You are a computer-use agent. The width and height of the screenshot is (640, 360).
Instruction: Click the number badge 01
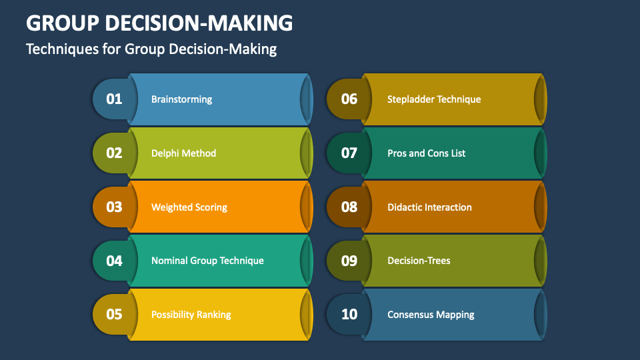[114, 99]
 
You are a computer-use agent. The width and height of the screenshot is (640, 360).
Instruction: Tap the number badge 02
[114, 153]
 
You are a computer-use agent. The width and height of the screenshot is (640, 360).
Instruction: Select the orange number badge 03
[114, 207]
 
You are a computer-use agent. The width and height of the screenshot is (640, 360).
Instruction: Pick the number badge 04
[114, 261]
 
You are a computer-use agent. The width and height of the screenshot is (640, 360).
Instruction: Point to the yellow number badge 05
[114, 314]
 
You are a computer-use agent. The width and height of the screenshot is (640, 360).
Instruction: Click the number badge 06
[349, 99]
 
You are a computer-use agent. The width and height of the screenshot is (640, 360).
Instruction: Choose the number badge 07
[349, 153]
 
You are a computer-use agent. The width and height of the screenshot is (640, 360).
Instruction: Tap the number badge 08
[349, 207]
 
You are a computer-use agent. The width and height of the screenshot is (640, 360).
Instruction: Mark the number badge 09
[349, 261]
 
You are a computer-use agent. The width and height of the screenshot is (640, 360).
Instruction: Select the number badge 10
[349, 314]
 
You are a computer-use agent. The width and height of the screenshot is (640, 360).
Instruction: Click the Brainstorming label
[181, 99]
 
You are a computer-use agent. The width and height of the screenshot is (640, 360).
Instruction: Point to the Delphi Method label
[183, 153]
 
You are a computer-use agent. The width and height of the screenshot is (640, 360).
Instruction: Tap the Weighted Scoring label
[189, 207]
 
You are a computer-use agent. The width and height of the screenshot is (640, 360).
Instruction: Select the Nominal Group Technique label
[207, 261]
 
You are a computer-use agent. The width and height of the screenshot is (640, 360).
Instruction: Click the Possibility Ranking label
[191, 314]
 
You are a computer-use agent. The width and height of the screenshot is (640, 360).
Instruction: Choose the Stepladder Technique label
[434, 99]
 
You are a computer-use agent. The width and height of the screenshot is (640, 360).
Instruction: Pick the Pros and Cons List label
[426, 153]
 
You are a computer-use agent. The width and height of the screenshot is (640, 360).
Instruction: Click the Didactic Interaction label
[429, 207]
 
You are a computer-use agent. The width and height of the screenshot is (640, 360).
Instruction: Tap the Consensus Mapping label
[431, 314]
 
